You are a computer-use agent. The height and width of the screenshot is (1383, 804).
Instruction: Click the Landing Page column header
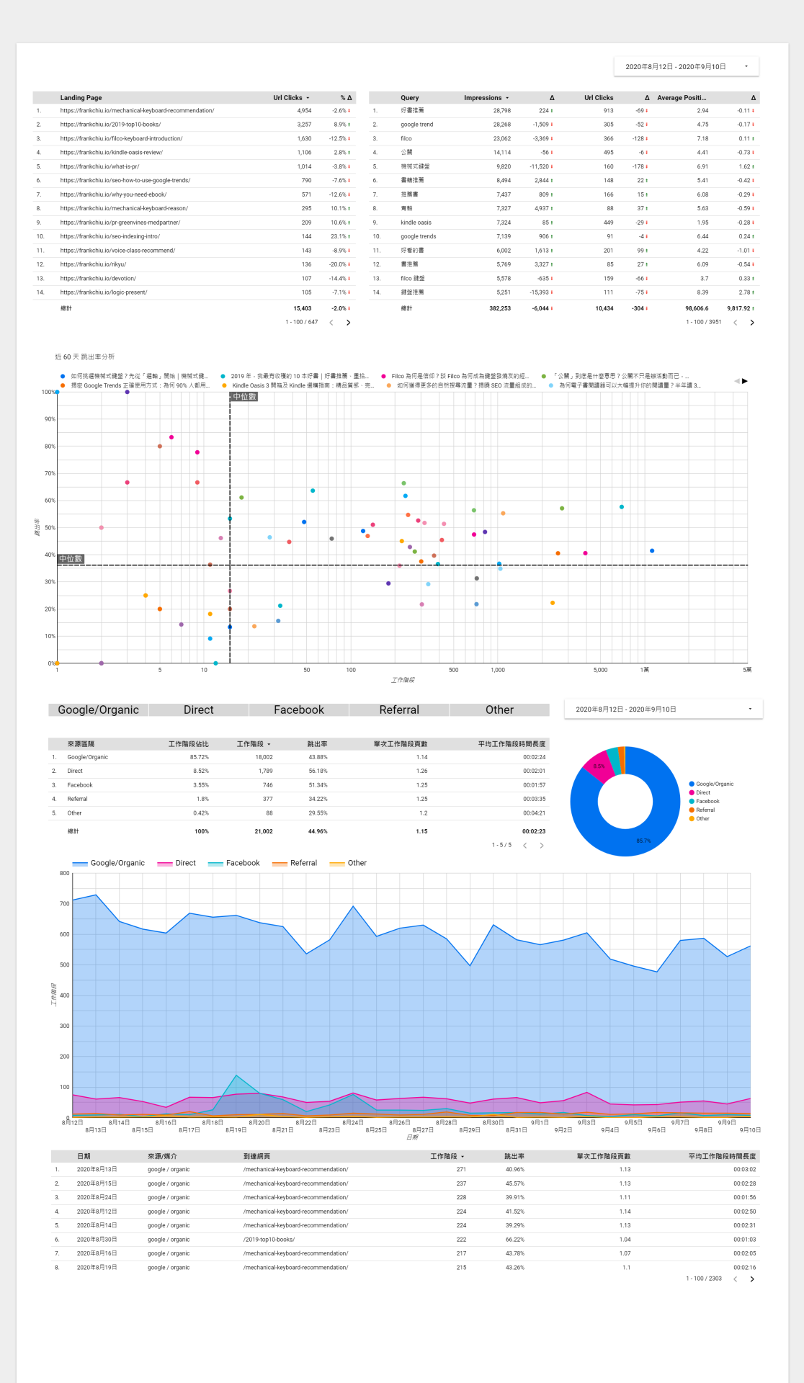(81, 97)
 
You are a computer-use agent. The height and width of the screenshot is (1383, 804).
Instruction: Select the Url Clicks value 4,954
(304, 111)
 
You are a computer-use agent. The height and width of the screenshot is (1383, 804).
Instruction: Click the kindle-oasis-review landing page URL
(112, 153)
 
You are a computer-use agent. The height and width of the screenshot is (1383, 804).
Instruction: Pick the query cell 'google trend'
(417, 125)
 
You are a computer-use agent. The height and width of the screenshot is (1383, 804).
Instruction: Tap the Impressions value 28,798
(502, 111)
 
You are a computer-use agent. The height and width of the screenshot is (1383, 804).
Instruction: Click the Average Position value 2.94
(702, 111)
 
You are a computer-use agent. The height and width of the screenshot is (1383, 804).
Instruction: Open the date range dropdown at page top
(687, 66)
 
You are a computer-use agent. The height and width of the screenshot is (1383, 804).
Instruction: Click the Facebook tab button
(299, 710)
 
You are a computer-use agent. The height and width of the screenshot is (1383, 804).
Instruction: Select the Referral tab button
(399, 710)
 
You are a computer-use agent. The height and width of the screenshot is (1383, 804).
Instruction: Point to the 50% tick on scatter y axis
(50, 528)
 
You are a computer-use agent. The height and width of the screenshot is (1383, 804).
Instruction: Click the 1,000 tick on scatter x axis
(498, 670)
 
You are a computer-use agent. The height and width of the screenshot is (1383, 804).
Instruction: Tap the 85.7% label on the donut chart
(643, 841)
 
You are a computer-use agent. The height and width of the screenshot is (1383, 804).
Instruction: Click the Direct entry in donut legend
(703, 792)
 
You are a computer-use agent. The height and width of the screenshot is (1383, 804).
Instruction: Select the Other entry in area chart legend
(357, 863)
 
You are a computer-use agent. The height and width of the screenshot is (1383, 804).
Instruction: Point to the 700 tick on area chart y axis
(65, 904)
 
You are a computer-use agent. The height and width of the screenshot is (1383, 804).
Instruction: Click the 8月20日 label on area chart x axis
(259, 1122)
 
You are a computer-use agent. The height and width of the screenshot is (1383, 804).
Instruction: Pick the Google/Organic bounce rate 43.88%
(318, 757)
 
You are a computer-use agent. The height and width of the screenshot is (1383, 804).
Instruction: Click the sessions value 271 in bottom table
(461, 1170)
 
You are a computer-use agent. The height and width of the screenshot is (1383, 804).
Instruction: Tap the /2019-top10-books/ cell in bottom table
(269, 1240)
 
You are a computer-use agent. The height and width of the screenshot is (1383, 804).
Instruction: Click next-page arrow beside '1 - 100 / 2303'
(752, 1279)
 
